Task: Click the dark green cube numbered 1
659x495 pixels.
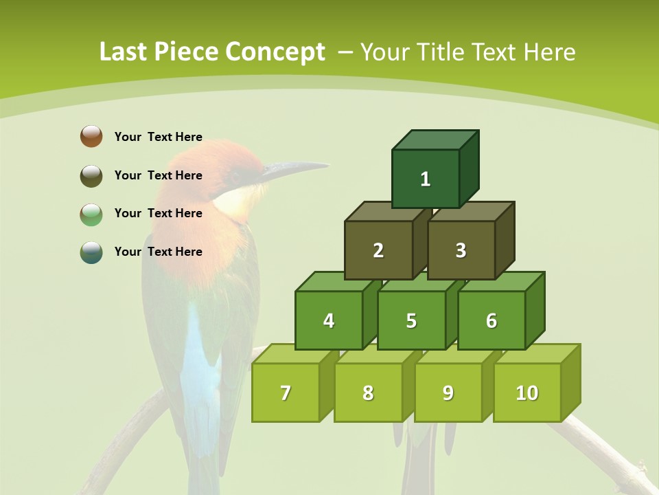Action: click(426, 179)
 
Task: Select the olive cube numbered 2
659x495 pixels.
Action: click(378, 250)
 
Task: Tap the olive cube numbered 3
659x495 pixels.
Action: click(461, 250)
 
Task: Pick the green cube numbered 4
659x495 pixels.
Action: click(329, 320)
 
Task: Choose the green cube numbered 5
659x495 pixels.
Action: click(411, 320)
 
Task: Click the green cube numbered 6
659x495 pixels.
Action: click(492, 320)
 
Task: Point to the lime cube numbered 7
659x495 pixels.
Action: click(286, 393)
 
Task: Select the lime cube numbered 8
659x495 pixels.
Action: click(368, 393)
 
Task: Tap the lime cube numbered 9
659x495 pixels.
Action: click(448, 393)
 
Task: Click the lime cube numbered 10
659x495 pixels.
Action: click(527, 393)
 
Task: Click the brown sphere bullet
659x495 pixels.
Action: click(91, 136)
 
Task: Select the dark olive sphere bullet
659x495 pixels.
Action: click(91, 175)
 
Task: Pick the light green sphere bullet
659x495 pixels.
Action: click(91, 214)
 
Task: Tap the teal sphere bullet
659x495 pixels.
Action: click(91, 252)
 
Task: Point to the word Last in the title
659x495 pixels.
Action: click(125, 52)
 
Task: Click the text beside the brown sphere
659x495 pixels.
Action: click(158, 137)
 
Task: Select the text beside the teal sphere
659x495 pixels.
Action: click(158, 252)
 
